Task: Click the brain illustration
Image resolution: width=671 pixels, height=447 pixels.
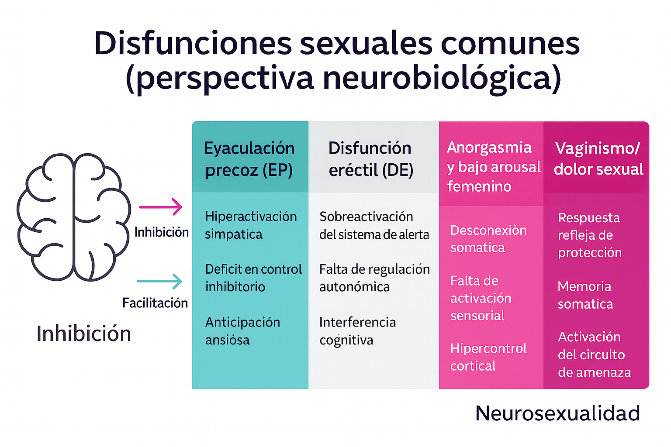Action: [x=73, y=217]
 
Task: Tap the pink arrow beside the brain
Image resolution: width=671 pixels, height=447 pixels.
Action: [x=160, y=207]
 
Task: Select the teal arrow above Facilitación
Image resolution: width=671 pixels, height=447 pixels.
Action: [x=159, y=282]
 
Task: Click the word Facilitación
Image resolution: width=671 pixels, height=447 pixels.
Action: [x=155, y=303]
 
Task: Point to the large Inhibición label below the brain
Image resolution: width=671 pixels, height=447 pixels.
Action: [x=84, y=334]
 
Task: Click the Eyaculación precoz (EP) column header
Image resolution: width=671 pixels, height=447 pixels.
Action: [x=249, y=159]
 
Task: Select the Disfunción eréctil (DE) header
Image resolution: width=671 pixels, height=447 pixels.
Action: [x=370, y=159]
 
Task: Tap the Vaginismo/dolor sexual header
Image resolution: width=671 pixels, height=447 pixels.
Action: [x=598, y=158]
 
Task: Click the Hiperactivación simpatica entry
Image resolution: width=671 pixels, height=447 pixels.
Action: [x=250, y=225]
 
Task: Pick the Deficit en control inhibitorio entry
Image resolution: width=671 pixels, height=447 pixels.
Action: [x=253, y=278]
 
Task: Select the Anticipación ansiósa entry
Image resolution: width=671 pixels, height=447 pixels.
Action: [x=242, y=331]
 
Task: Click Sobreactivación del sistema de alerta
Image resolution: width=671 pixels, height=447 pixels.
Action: [x=374, y=225]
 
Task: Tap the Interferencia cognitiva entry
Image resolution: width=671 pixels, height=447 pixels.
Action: [x=357, y=331]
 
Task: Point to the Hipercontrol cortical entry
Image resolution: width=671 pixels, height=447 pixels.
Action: [x=488, y=357]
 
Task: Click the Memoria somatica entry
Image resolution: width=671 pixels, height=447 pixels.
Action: [x=585, y=295]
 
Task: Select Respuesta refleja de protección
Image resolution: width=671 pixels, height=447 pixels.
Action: [x=589, y=235]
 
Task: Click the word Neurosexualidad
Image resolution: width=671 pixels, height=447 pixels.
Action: [x=557, y=413]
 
